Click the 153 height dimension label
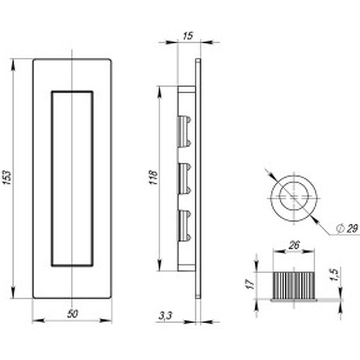point(7,177)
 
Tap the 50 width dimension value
point(73,314)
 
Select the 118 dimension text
point(153,177)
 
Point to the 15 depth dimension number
point(188,36)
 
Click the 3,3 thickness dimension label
point(165,316)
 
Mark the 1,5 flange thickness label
point(334,275)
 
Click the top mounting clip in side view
point(184,131)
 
